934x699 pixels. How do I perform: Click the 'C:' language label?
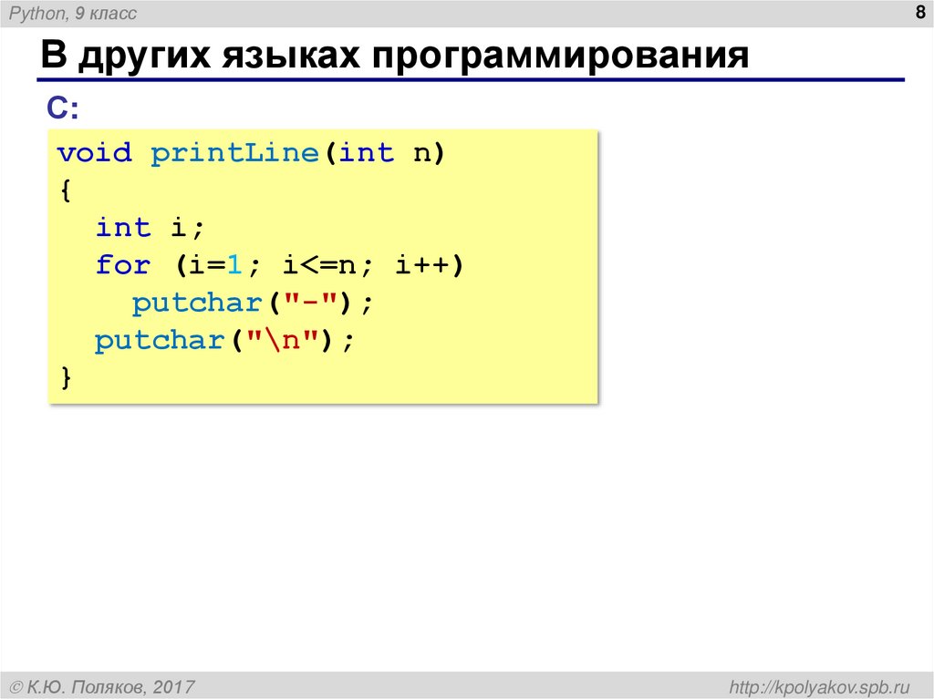[x=63, y=108]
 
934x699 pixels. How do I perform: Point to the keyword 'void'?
[x=95, y=153]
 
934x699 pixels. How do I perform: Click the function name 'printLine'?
[x=233, y=153]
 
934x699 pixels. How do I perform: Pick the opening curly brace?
[x=65, y=190]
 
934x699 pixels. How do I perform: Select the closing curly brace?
[x=65, y=377]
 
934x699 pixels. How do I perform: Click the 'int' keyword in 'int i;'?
[x=123, y=228]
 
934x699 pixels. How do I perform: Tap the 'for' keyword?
[x=123, y=265]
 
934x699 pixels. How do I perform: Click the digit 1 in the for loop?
[x=233, y=265]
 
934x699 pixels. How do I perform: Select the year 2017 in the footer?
[x=173, y=685]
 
